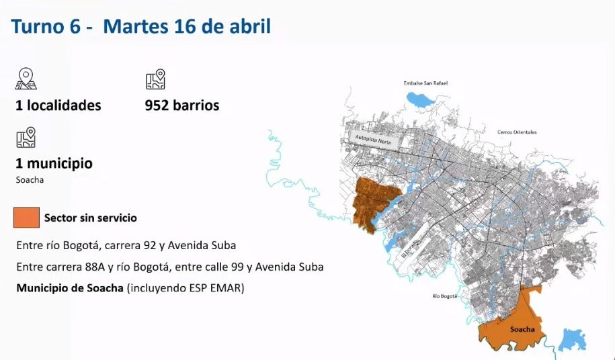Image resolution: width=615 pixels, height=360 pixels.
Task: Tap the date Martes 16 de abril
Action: coord(188,27)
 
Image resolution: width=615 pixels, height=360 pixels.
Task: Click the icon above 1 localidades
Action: coord(26,79)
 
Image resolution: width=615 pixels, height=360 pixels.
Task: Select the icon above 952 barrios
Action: coord(155,79)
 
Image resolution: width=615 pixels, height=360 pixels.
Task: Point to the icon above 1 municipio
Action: coord(26,137)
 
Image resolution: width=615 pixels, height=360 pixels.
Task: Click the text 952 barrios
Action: coord(181,105)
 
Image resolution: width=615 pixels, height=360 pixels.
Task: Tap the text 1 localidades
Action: coord(58,105)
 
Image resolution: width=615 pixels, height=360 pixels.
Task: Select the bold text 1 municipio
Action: coord(54,163)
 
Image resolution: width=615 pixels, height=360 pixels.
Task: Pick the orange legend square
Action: coord(26,218)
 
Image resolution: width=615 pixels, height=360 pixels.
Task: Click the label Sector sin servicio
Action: coord(91,218)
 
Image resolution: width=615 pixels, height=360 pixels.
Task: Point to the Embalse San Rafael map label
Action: coord(425,83)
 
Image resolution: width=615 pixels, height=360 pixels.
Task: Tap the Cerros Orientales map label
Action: coord(517,132)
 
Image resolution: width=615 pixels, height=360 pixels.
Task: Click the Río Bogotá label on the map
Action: coord(444,296)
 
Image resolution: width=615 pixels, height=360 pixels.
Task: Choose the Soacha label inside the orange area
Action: coord(522,329)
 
